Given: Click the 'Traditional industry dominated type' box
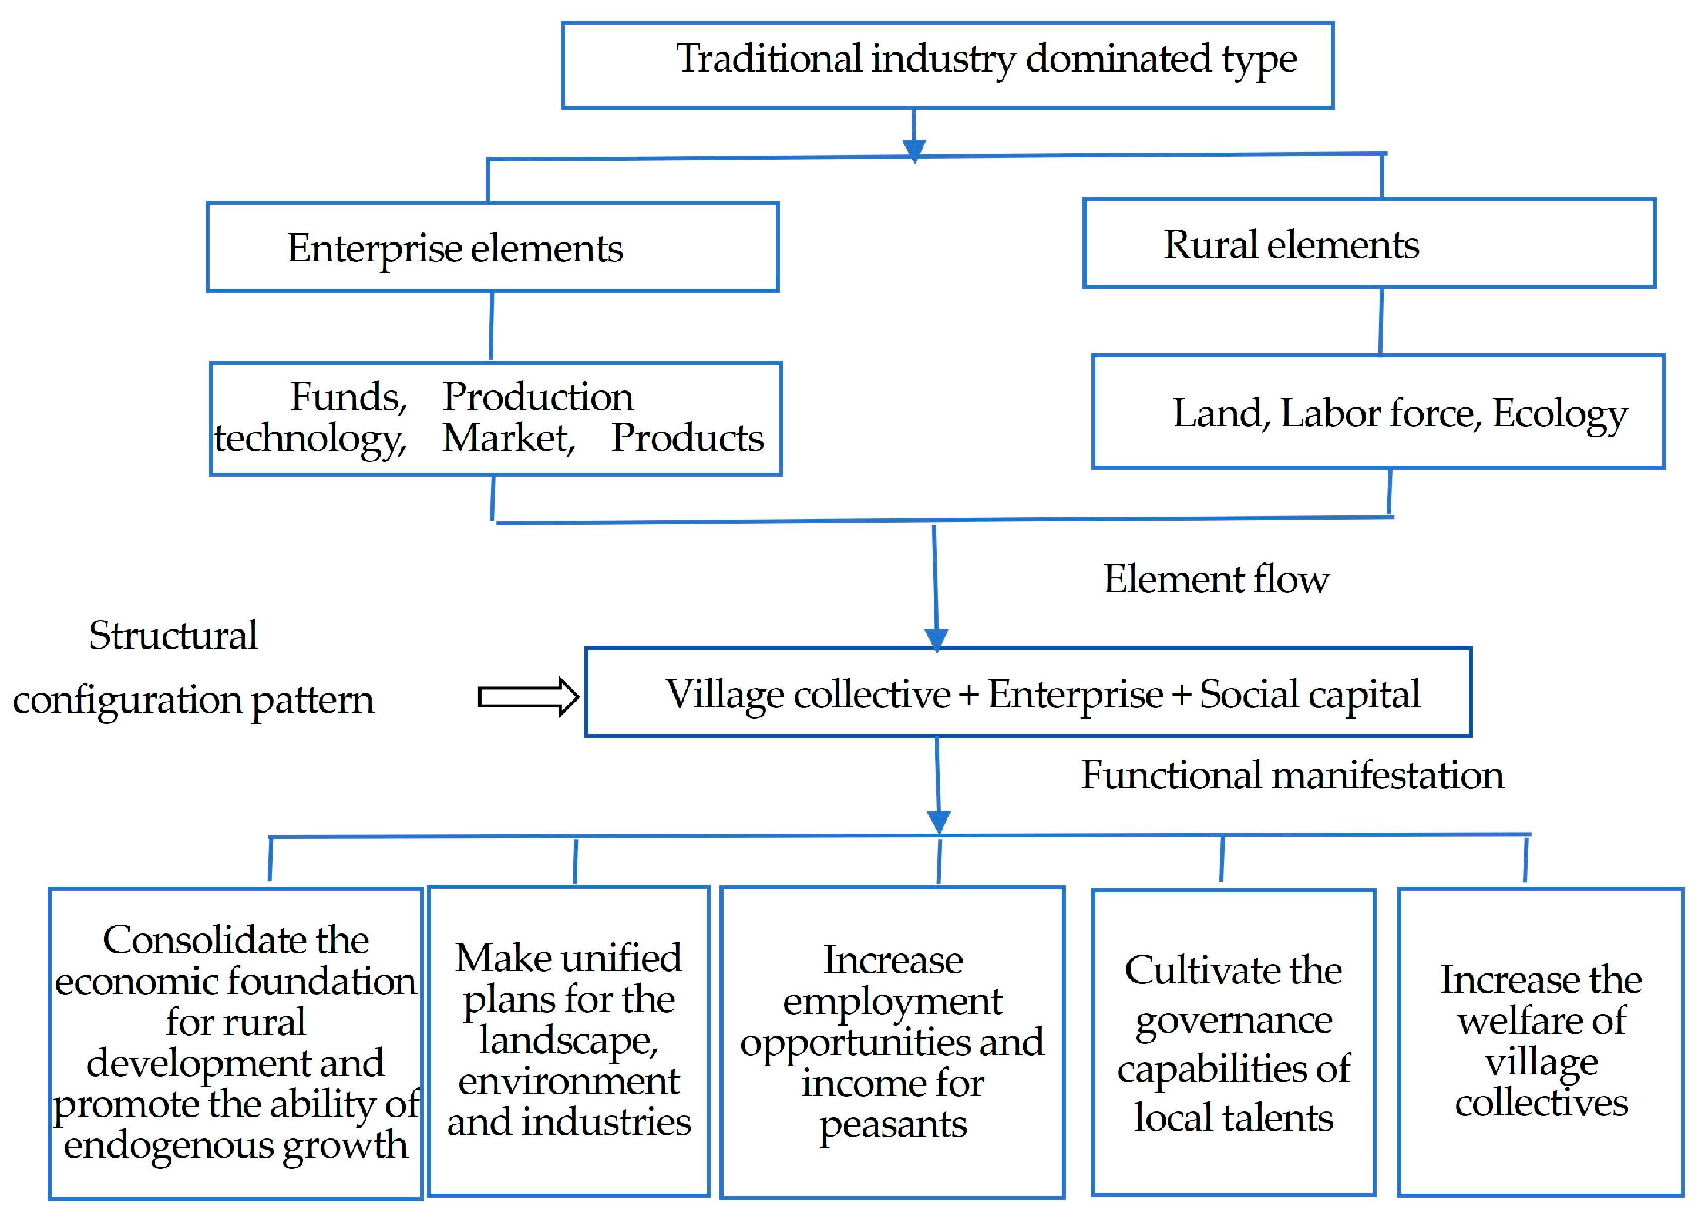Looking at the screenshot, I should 947,65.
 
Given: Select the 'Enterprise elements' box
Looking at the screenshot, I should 492,247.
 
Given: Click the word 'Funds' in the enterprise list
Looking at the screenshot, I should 347,397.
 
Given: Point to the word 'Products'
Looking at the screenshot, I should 686,438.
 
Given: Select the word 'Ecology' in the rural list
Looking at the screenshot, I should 1559,413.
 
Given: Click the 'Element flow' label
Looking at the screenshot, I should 1215,579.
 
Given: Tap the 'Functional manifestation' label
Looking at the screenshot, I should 1292,776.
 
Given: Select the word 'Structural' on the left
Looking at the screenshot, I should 173,636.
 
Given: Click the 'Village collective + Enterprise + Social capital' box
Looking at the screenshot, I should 1027,692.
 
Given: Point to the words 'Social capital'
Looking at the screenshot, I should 1309,694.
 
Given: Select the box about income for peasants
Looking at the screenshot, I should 892,1042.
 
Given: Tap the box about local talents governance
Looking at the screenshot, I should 1232,1043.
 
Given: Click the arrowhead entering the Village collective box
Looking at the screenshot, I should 936,639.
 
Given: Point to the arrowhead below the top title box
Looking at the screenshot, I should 914,151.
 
